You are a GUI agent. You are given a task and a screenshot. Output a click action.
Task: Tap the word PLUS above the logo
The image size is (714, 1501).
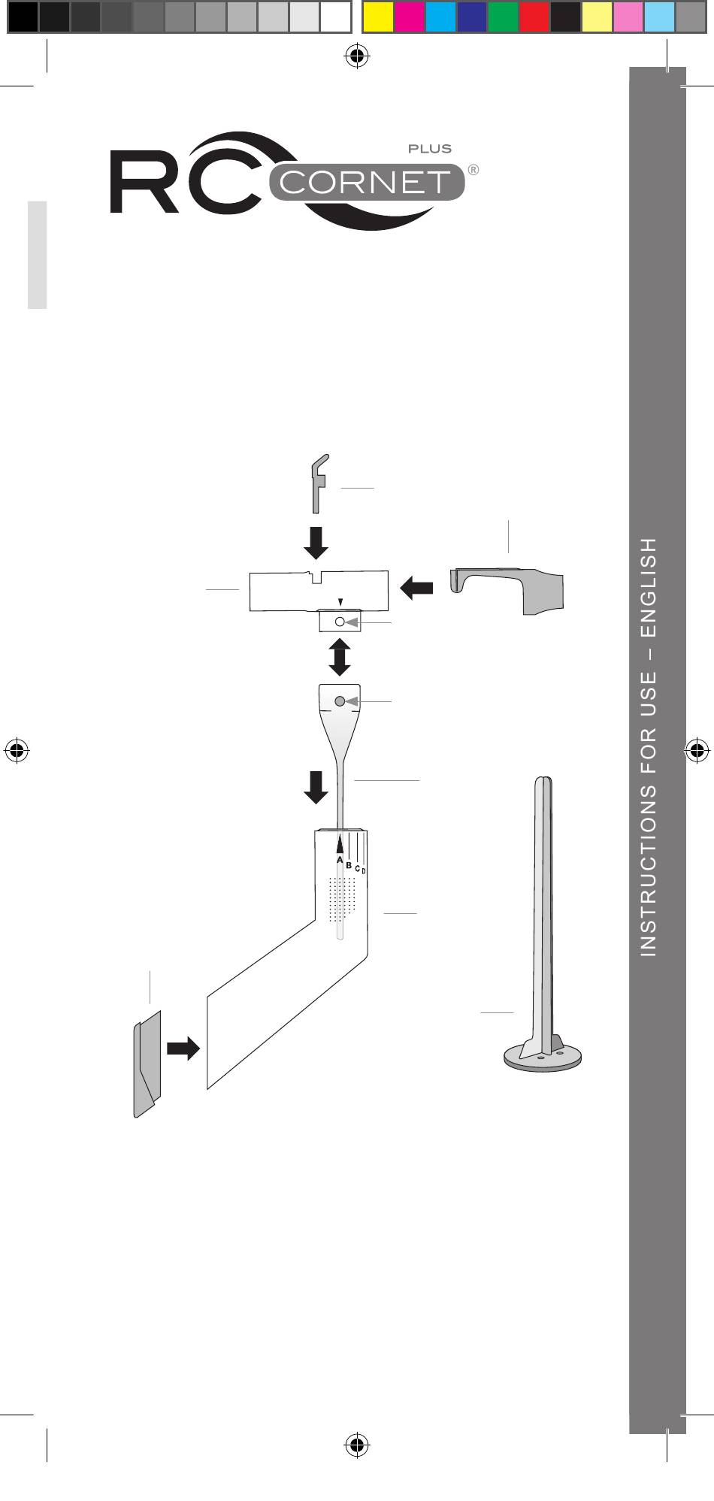(430, 149)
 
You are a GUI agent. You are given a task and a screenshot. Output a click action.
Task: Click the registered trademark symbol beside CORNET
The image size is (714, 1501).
(473, 169)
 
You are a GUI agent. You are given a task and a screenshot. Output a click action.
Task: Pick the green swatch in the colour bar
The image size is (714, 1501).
(503, 17)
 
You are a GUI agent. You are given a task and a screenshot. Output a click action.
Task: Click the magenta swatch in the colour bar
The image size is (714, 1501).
(409, 17)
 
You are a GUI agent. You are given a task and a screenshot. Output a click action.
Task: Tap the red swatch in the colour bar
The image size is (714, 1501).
(534, 17)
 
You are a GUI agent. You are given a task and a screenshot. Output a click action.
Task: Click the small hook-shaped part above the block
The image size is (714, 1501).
(319, 481)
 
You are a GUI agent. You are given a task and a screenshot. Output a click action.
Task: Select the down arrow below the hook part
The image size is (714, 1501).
(317, 543)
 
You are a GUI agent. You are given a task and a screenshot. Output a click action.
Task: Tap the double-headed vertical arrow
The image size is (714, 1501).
(340, 657)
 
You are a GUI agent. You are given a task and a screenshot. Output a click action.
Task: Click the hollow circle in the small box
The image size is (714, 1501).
(340, 622)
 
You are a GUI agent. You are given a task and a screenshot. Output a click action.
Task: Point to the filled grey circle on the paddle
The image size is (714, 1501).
(340, 701)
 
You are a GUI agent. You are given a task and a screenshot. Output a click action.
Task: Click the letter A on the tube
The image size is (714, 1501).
(340, 860)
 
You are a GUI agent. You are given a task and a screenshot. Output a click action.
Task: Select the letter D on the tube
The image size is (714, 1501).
(364, 871)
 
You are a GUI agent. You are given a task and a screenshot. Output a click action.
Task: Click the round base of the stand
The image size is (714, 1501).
(543, 1059)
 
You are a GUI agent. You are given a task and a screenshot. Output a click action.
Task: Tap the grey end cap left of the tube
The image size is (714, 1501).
(147, 1063)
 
